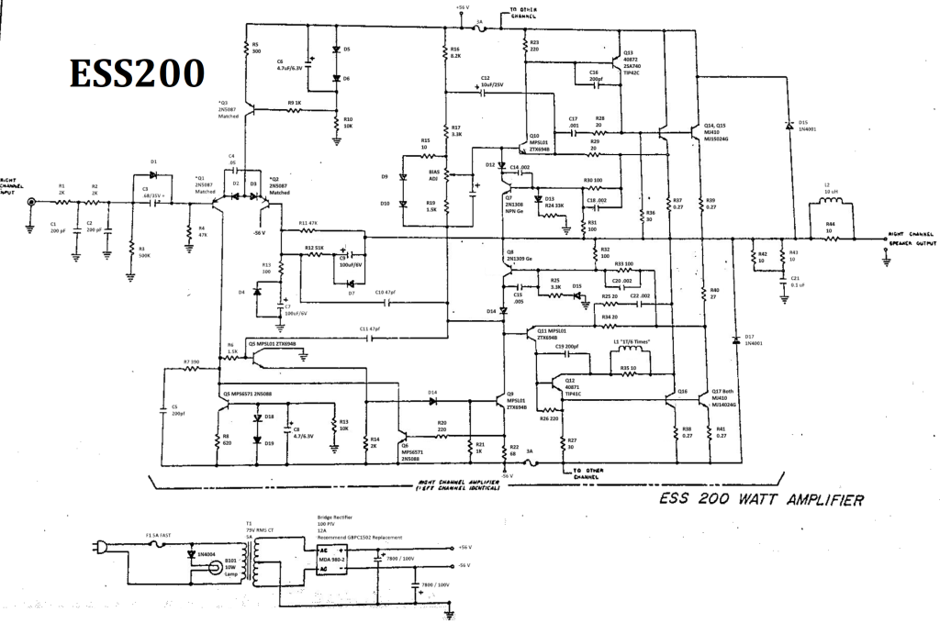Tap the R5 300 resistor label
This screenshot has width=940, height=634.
(256, 48)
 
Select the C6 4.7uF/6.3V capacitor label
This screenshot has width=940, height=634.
(290, 64)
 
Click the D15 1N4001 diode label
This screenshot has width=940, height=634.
(808, 125)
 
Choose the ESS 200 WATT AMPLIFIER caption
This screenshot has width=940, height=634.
(760, 500)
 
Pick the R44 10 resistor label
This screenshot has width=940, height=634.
(830, 227)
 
